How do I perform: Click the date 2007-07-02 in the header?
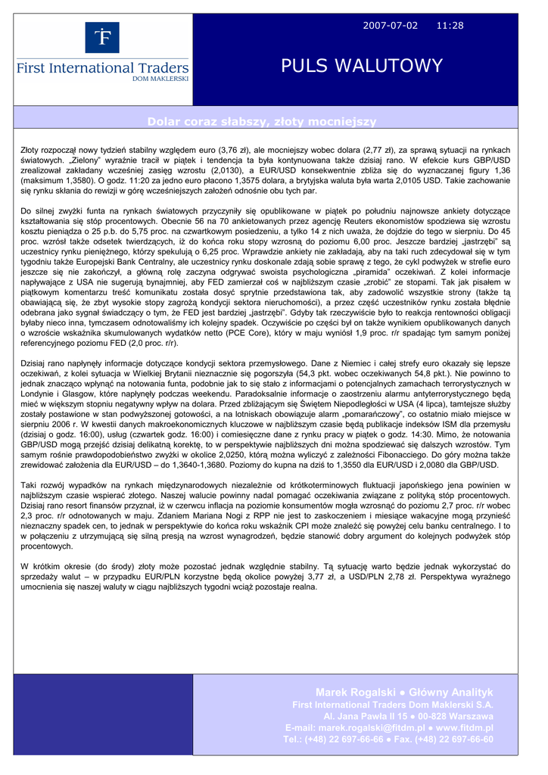[x=390, y=26]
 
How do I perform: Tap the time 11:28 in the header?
[x=450, y=26]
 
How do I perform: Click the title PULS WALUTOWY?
[x=362, y=66]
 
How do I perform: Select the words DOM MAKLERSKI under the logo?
[x=161, y=79]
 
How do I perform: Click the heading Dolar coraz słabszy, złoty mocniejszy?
[x=262, y=122]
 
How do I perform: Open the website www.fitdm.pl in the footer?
[x=464, y=727]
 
